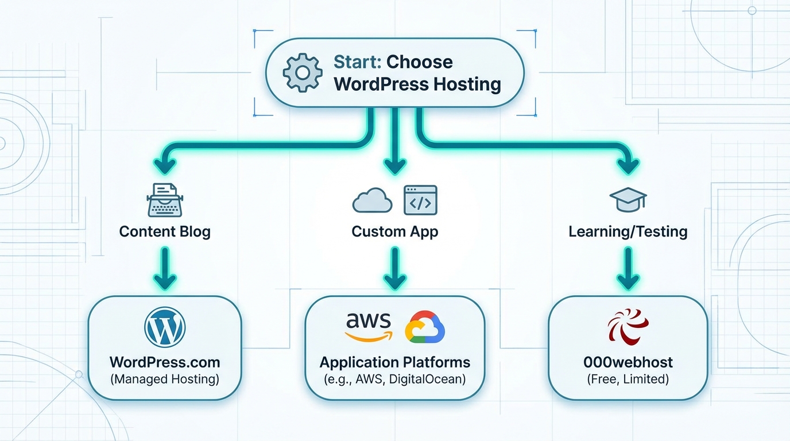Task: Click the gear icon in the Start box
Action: click(x=303, y=73)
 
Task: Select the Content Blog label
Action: click(x=165, y=231)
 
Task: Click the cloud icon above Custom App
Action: click(x=372, y=202)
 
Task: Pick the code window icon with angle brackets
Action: click(x=420, y=200)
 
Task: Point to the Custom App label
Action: click(x=394, y=231)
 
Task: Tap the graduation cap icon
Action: click(x=628, y=200)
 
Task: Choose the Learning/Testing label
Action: click(x=628, y=231)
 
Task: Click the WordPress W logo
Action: click(x=165, y=327)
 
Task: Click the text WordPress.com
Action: click(x=165, y=362)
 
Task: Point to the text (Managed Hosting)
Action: click(x=165, y=379)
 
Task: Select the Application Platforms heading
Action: click(x=394, y=362)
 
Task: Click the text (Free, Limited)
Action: click(x=628, y=379)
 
